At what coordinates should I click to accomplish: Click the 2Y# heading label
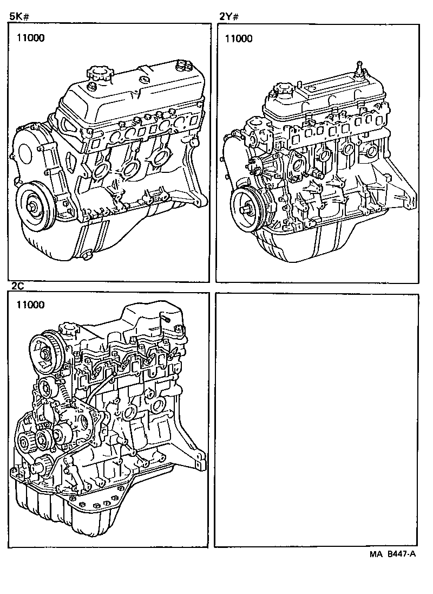coord(229,16)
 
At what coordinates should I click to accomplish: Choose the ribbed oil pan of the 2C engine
coord(60,509)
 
